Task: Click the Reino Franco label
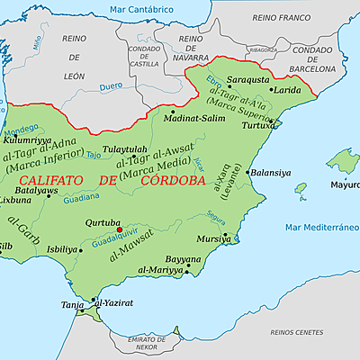280,17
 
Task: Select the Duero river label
86,87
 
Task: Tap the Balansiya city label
271,171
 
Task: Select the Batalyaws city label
38,192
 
